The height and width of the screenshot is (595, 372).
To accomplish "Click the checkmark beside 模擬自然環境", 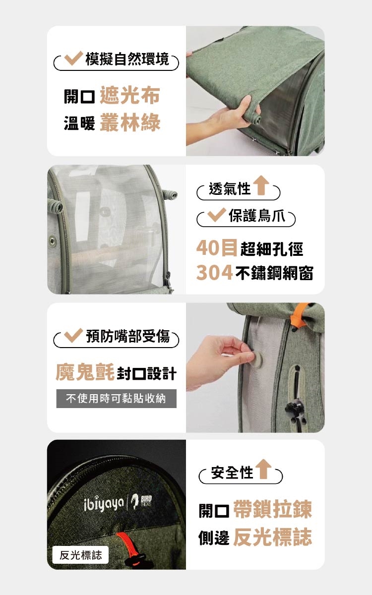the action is (73, 58).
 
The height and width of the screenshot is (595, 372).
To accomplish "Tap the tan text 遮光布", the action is (130, 95).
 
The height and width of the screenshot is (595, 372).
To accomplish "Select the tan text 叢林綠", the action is (130, 122).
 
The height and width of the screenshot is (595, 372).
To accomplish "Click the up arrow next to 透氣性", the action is (261, 185).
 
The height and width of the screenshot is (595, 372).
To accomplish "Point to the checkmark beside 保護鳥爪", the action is (217, 215).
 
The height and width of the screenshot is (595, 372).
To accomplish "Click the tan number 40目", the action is (217, 248).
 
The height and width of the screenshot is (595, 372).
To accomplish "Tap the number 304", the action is (215, 273).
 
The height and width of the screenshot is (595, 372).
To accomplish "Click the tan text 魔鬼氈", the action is (85, 372).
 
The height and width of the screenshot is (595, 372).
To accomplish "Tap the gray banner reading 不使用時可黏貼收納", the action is (117, 399).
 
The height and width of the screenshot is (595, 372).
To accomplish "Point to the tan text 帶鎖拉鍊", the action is (273, 509).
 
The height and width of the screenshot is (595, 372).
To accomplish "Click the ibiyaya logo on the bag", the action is (104, 503).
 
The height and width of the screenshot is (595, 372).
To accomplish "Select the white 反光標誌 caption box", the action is (80, 555).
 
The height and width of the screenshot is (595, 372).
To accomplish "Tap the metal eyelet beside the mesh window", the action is (53, 241).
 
